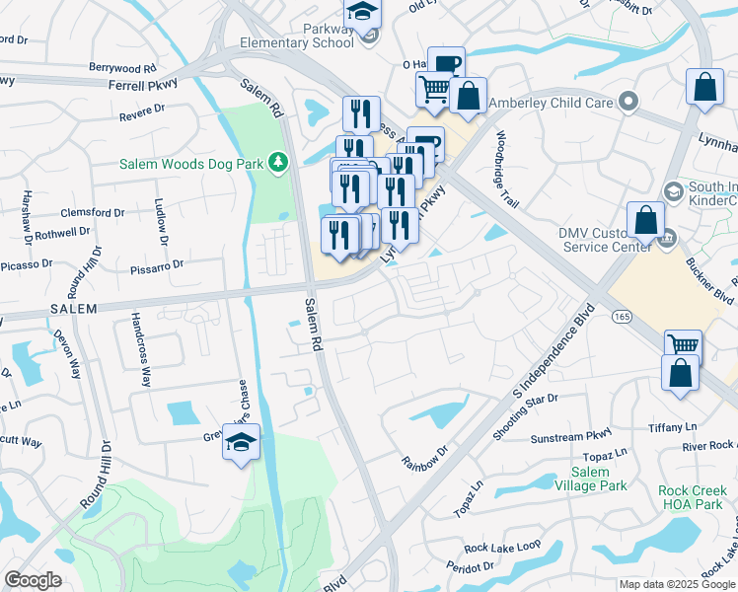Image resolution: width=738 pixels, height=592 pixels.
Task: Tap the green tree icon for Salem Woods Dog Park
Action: pyautogui.click(x=279, y=161)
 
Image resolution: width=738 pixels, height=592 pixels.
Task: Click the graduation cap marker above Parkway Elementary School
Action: pyautogui.click(x=362, y=12)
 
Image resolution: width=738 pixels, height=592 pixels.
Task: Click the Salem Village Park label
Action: pyautogui.click(x=590, y=479)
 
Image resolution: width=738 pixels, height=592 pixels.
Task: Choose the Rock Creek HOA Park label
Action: pyautogui.click(x=697, y=496)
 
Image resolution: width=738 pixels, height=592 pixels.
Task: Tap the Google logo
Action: pyautogui.click(x=33, y=580)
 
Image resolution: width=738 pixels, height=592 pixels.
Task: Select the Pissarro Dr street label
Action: pyautogui.click(x=157, y=265)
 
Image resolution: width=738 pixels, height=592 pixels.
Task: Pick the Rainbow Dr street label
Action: pyautogui.click(x=424, y=457)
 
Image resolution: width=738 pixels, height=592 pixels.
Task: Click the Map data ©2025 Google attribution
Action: pyautogui.click(x=676, y=584)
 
